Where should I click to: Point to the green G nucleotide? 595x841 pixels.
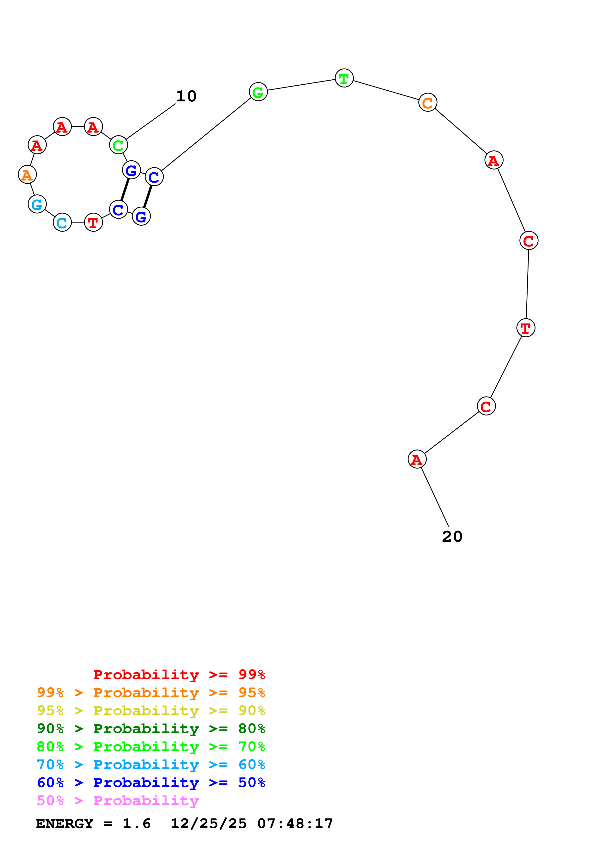tap(258, 92)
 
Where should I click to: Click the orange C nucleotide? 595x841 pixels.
tap(427, 103)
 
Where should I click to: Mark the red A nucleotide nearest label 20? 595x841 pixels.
tap(417, 459)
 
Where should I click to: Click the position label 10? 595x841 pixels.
tap(186, 96)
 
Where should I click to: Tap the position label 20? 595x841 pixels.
tap(452, 537)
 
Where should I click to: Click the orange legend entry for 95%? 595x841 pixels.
tap(151, 693)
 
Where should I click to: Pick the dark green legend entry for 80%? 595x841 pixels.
tap(151, 729)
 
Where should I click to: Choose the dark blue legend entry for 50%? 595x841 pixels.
tap(151, 783)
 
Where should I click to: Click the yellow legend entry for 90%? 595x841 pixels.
tap(151, 711)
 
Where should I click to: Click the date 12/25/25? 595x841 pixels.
tap(209, 824)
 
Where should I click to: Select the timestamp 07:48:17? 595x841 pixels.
tap(295, 824)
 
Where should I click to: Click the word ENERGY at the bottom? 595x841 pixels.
tap(65, 824)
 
